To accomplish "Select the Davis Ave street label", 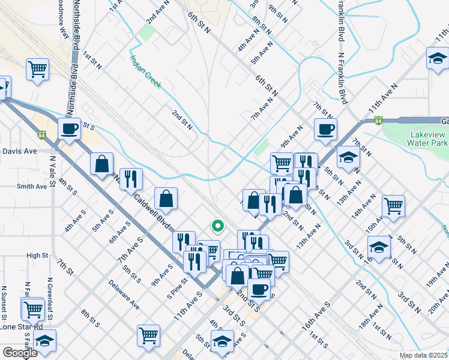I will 20,151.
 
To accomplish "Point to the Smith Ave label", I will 32,187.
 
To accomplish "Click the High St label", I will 37,256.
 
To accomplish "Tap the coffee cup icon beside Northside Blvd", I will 70,128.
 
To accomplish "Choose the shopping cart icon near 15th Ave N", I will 393,206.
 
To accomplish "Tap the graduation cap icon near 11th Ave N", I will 438,59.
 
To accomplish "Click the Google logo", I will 20,353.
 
